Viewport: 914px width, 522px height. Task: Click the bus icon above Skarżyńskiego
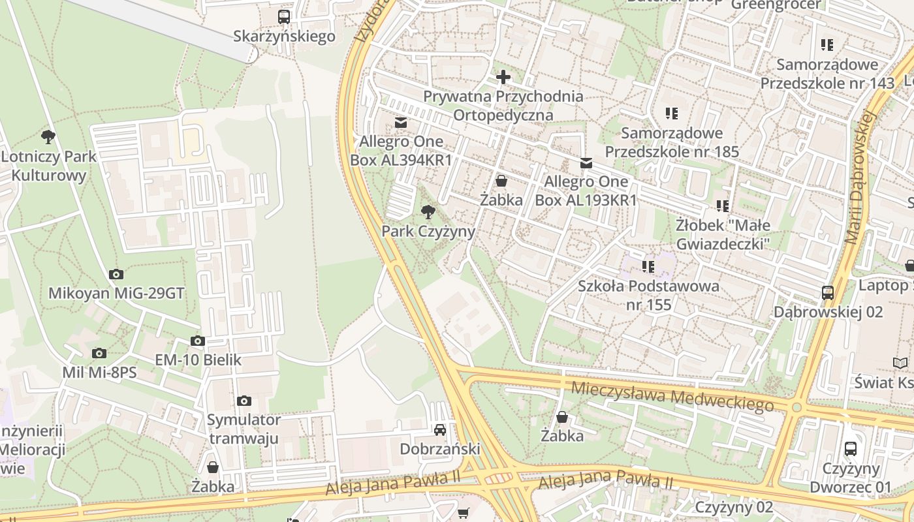pos(284,17)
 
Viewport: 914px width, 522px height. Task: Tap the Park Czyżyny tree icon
pos(428,211)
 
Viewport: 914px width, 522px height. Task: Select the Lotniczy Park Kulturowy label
pos(49,166)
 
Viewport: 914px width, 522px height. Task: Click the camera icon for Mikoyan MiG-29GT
pos(116,274)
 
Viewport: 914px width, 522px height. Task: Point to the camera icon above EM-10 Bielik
pos(198,341)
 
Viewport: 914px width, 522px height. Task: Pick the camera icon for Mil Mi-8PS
pos(99,353)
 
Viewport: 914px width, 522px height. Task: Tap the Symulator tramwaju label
pos(244,429)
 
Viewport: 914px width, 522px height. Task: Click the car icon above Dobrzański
pos(440,429)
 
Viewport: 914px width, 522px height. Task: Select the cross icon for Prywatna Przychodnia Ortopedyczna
pos(503,77)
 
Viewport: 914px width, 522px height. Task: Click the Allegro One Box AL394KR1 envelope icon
pos(401,122)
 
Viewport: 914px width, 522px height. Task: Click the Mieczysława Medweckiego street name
pos(672,397)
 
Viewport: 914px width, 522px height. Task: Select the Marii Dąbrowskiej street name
pos(860,177)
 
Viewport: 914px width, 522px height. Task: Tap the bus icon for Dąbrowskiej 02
pos(828,292)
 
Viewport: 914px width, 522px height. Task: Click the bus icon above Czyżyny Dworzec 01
pos(850,448)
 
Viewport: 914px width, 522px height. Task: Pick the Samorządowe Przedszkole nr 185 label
pos(672,142)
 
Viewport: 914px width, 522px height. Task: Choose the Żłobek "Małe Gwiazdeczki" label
pos(723,234)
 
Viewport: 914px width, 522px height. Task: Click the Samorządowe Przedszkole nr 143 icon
pos(827,45)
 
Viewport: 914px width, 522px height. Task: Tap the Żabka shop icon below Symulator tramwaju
pos(213,467)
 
